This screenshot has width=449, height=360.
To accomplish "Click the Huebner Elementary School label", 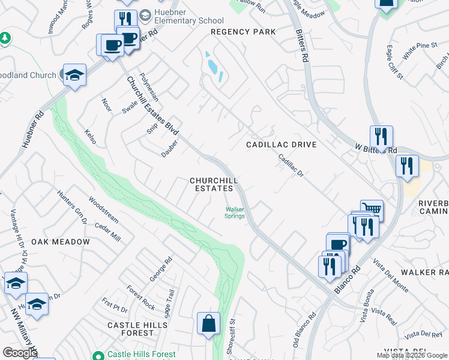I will [x=188, y=16].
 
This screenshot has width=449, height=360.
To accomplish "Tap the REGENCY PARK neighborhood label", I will [x=243, y=32].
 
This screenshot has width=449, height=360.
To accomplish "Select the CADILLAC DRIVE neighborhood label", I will [x=281, y=145].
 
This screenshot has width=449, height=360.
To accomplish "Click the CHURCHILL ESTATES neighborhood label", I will [x=214, y=184].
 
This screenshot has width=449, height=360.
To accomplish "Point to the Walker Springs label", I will [x=235, y=213].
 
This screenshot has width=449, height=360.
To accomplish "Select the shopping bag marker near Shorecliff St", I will [x=208, y=323].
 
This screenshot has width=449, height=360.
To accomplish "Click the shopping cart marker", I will [x=372, y=210].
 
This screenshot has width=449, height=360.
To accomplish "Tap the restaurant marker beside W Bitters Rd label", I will [x=381, y=137].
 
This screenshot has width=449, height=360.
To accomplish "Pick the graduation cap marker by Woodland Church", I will [x=74, y=76].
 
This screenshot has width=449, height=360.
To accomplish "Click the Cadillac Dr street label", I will [x=291, y=165].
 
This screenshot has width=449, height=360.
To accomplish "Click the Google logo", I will [x=20, y=353].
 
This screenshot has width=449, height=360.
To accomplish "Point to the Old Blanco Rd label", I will [x=304, y=332].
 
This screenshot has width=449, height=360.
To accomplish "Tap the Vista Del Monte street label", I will [x=390, y=276].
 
